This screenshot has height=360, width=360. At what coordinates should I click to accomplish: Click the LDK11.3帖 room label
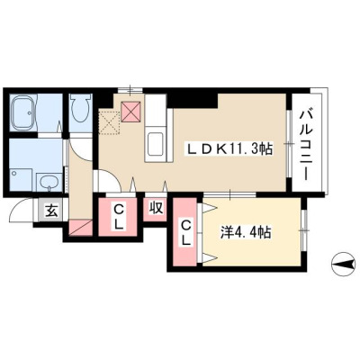pyautogui.click(x=229, y=148)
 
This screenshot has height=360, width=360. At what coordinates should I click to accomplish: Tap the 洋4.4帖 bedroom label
pyautogui.click(x=246, y=232)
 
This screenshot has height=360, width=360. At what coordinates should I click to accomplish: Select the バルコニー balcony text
pyautogui.click(x=307, y=145)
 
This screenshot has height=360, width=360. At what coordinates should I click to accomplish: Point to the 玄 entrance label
pyautogui.click(x=51, y=211)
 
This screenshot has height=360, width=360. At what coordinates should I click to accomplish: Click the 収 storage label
pyautogui.click(x=156, y=208)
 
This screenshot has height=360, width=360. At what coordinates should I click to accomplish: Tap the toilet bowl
pyautogui.click(x=80, y=108)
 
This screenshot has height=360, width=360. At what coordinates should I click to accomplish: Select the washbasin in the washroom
pyautogui.click(x=49, y=182)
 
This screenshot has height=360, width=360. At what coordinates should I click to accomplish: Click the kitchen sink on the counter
pyautogui.click(x=155, y=143)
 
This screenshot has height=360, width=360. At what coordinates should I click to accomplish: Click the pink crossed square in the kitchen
pyautogui.click(x=130, y=112)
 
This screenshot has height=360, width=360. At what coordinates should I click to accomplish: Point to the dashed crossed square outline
pyautogui.click(x=110, y=121)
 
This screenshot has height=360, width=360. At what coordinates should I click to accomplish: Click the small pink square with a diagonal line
pyautogui.click(x=81, y=228)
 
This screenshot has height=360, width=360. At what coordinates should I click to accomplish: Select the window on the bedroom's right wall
pyautogui.click(x=304, y=230)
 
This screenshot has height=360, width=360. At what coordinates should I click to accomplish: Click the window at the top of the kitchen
pyautogui.click(x=130, y=90)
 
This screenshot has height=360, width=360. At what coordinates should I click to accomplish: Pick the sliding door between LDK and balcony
pyautogui.click(x=289, y=144)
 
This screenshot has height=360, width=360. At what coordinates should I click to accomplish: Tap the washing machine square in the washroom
pyautogui.click(x=21, y=179)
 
